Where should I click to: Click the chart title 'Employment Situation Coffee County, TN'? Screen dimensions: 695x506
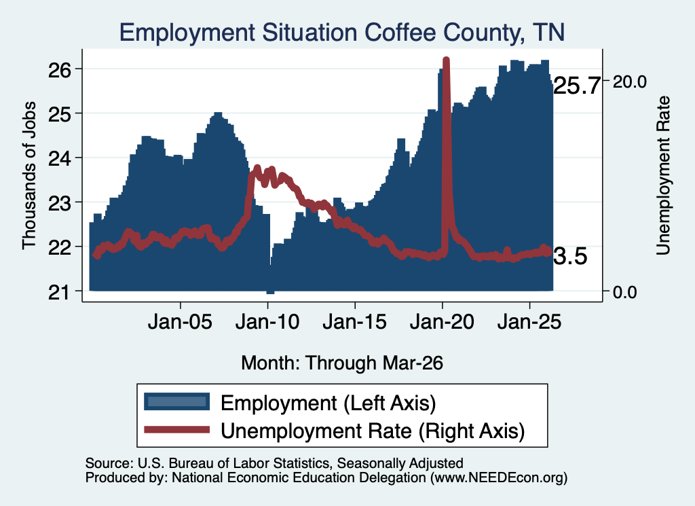pyautogui.click(x=342, y=33)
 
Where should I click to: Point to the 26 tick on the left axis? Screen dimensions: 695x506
pyautogui.click(x=60, y=70)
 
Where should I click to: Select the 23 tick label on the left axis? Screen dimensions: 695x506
pyautogui.click(x=60, y=203)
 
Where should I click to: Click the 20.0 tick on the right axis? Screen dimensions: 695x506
pyautogui.click(x=629, y=82)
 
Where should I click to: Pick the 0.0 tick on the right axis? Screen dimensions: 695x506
pyautogui.click(x=625, y=292)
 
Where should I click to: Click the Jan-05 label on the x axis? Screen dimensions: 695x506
pyautogui.click(x=180, y=321)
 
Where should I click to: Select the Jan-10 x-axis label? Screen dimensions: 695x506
pyautogui.click(x=267, y=321)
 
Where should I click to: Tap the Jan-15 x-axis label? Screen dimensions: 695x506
pyautogui.click(x=354, y=321)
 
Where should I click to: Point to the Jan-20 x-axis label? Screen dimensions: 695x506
pyautogui.click(x=442, y=321)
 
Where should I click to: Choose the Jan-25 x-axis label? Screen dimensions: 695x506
pyautogui.click(x=529, y=321)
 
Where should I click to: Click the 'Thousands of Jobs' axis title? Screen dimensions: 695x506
pyautogui.click(x=29, y=175)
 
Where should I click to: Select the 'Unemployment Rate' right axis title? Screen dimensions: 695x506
pyautogui.click(x=663, y=176)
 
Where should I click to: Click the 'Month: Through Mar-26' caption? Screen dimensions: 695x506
pyautogui.click(x=342, y=363)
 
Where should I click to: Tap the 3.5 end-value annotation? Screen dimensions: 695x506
pyautogui.click(x=570, y=256)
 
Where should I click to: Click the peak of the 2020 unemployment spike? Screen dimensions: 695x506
pyautogui.click(x=447, y=60)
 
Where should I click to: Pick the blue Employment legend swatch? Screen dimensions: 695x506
pyautogui.click(x=177, y=401)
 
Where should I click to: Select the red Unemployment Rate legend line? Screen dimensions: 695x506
pyautogui.click(x=177, y=429)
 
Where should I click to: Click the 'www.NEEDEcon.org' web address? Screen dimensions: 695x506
pyautogui.click(x=498, y=477)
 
